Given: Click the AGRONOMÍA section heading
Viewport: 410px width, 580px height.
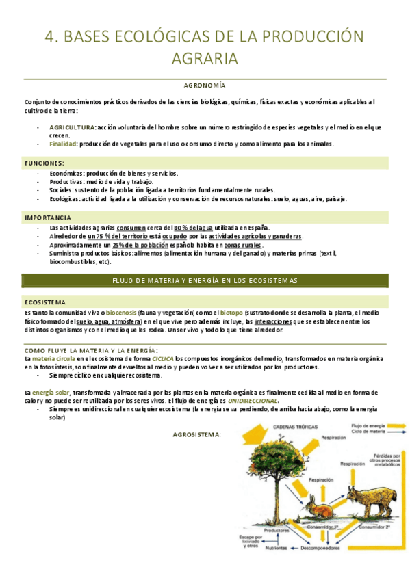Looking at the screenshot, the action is click(x=205, y=85).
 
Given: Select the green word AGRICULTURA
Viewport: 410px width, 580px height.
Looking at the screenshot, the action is click(x=73, y=127).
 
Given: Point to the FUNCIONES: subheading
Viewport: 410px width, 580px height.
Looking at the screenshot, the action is click(x=44, y=163).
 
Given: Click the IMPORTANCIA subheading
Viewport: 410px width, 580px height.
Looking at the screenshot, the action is click(x=48, y=217).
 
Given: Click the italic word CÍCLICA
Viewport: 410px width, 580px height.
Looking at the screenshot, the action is click(x=163, y=358).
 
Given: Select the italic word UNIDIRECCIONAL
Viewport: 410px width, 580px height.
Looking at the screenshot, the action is click(x=253, y=401).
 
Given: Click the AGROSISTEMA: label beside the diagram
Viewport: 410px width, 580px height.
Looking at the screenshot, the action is click(x=196, y=434).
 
